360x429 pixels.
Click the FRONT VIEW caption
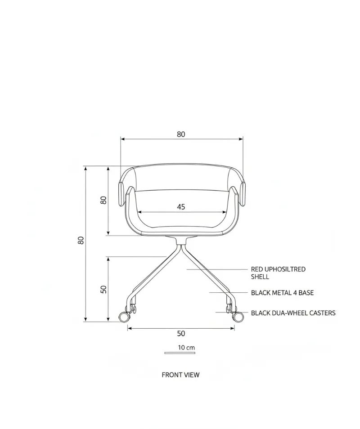point(180,375)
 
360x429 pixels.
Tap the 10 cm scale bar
point(180,353)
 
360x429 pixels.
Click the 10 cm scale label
point(186,348)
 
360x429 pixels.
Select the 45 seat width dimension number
point(181,207)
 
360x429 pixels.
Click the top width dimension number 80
point(181,134)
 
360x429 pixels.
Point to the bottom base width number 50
point(181,334)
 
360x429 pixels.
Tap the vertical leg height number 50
point(103,289)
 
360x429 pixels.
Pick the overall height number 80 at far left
point(81,240)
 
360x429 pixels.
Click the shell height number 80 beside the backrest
point(103,200)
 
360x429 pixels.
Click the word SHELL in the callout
point(260,277)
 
